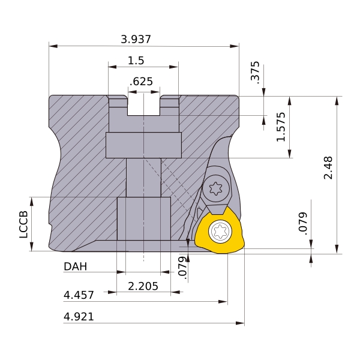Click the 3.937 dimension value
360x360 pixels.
pos(136,39)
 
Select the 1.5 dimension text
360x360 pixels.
pos(136,61)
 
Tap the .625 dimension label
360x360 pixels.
pos(141,82)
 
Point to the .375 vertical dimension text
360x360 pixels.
pos(256,72)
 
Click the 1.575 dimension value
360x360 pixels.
pos(281,127)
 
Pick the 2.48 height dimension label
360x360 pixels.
pos(328,167)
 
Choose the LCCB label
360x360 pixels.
pos(23,224)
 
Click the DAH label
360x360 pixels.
pos(76,266)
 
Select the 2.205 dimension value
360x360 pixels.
pos(143,286)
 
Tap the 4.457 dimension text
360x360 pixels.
pos(79,295)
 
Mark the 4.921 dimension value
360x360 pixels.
pos(79,317)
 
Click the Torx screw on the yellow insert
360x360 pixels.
pos(220,231)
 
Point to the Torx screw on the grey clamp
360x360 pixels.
pos(216,189)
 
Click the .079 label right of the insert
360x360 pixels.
pos(303,223)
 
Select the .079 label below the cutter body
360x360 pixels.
pos(182,268)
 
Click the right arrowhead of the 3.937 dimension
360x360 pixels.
pos(234,46)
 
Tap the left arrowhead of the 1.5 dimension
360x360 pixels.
pos(112,67)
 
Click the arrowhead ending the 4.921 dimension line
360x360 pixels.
pos(240,323)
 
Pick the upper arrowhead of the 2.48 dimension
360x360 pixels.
pos(337,101)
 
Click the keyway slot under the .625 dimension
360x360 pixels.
pos(144,105)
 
